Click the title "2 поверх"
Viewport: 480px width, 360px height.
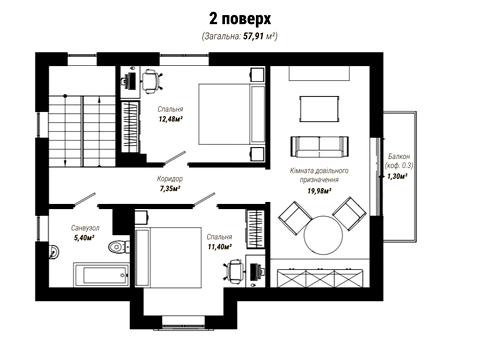240,19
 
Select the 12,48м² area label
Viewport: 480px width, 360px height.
172,119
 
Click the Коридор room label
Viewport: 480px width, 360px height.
170,179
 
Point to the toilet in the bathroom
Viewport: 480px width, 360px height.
119,247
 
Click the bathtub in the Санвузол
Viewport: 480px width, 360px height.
101,275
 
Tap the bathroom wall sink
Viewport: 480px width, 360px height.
53,251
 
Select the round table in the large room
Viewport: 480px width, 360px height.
323,235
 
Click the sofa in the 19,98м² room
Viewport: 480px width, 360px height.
320,147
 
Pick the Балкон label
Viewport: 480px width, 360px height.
399,156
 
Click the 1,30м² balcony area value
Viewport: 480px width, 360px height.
397,177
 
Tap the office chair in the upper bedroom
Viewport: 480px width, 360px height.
152,80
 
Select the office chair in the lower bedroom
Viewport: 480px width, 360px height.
235,271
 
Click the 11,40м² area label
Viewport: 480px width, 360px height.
219,247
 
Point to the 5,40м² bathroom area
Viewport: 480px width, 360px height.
83,238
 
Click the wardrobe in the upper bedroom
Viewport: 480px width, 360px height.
130,126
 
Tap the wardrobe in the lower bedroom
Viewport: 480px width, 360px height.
255,229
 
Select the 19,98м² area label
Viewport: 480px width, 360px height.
319,191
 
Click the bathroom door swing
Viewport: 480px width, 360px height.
84,199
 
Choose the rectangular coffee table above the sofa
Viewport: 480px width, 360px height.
319,109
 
